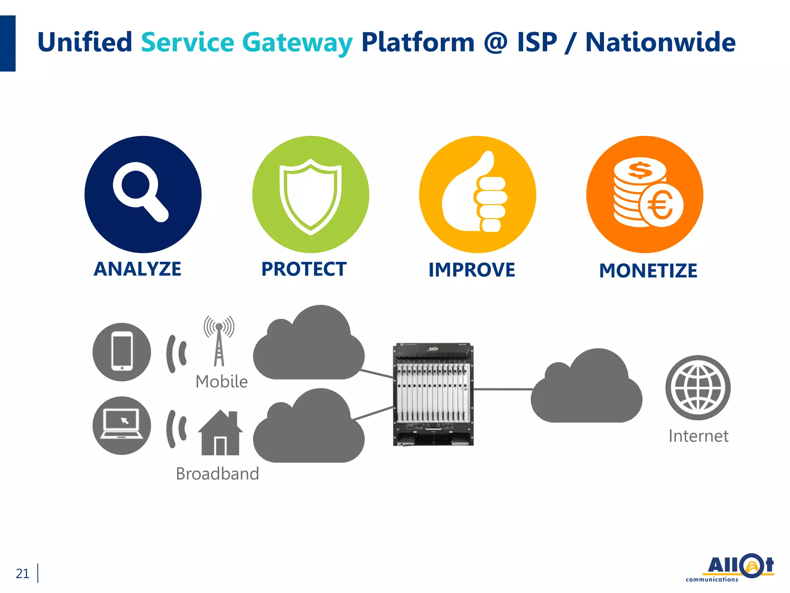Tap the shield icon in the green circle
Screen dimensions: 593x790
(311, 197)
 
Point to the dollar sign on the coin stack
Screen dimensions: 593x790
(640, 170)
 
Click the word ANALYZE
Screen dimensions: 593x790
(137, 269)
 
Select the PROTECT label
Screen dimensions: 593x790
(304, 269)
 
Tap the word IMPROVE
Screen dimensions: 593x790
(472, 270)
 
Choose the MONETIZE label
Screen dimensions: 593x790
(648, 271)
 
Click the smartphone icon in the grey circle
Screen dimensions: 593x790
(122, 352)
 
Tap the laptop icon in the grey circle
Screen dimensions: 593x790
(122, 425)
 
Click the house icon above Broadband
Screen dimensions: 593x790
(220, 433)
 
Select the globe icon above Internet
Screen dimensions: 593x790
(698, 388)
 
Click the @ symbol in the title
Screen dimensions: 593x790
(495, 42)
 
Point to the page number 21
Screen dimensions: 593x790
(22, 574)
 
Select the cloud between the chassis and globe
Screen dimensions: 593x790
(586, 390)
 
